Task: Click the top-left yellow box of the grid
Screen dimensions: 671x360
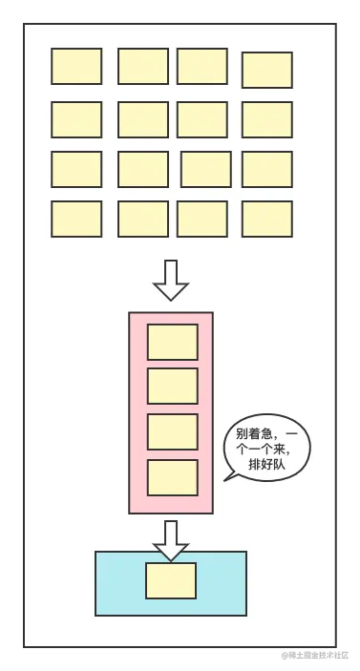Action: pos(76,66)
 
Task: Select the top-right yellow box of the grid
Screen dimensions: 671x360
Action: pos(266,70)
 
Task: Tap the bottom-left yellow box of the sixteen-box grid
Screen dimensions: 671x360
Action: pos(76,219)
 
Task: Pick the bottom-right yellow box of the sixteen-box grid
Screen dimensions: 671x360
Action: pos(266,219)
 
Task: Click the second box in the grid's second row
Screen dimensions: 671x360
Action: pos(142,119)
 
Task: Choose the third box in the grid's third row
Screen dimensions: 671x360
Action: pos(205,169)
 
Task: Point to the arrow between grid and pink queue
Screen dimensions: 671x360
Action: pos(171,279)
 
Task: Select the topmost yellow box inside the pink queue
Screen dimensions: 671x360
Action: pos(172,342)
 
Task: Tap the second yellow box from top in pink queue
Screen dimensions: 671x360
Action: pos(172,386)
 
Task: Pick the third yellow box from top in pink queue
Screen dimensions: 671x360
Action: pos(172,431)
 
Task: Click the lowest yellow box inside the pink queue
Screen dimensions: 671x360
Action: pos(172,477)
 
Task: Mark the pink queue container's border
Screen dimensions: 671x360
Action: pos(130,410)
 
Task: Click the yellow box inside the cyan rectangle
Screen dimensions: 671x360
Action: pos(171,580)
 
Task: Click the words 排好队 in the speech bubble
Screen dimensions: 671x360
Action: pos(266,465)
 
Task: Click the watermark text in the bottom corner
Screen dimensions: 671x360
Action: pos(316,656)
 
